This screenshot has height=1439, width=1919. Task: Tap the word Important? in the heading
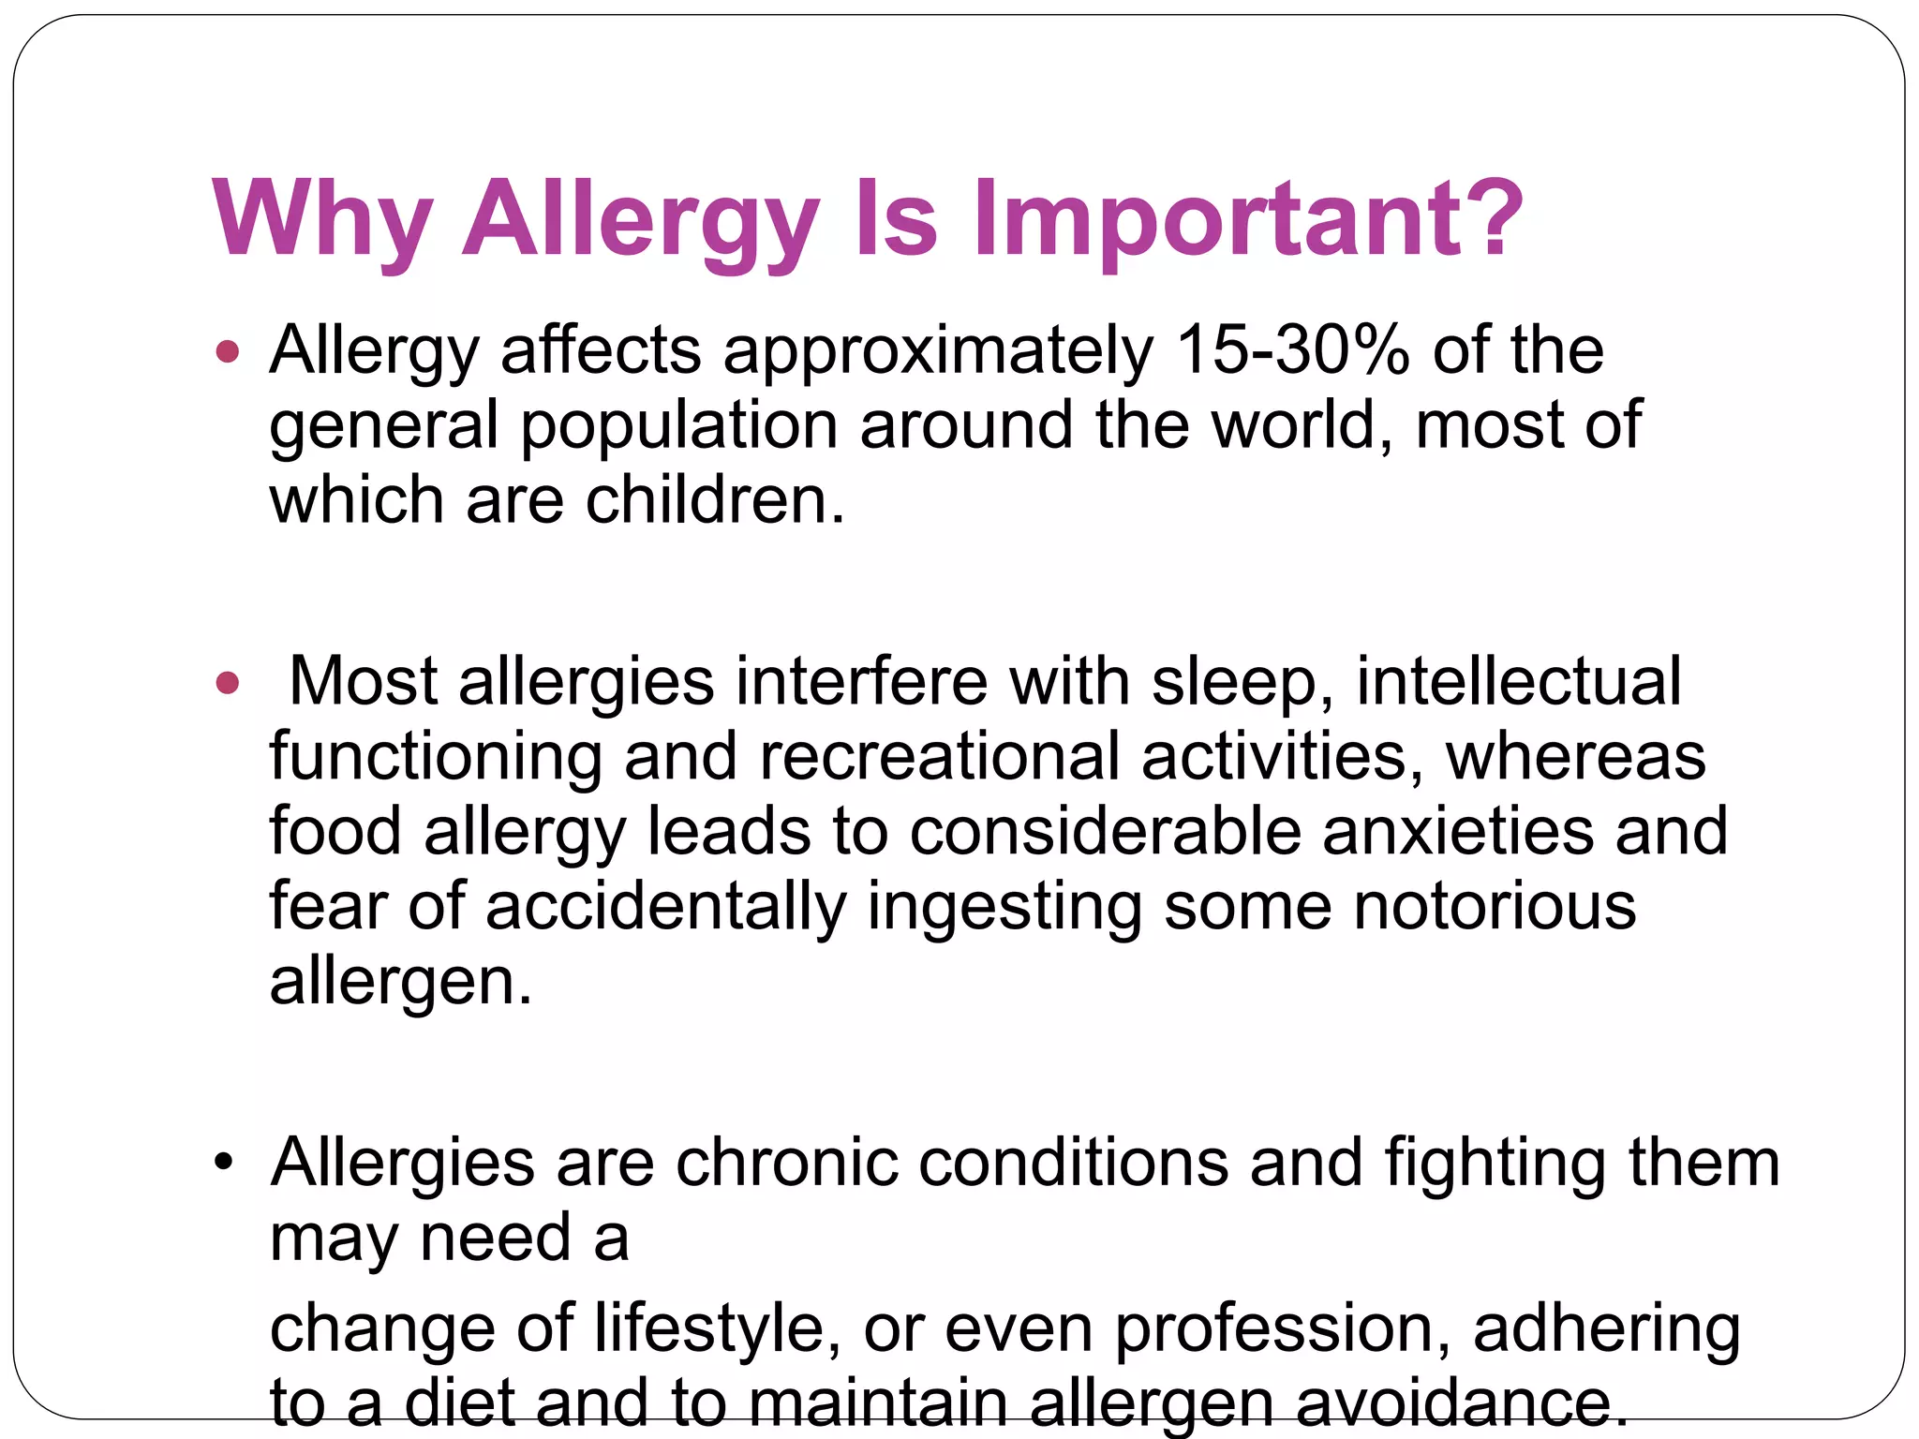click(x=1248, y=221)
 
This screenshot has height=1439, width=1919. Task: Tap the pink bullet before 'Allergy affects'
click(x=228, y=353)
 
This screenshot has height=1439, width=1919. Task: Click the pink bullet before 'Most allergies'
click(x=228, y=682)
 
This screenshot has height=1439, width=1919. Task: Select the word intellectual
click(x=1518, y=681)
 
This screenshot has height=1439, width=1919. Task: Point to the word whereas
click(x=1575, y=756)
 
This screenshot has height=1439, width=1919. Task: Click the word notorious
click(x=1495, y=906)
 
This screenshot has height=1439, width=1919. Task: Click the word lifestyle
click(x=718, y=1330)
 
